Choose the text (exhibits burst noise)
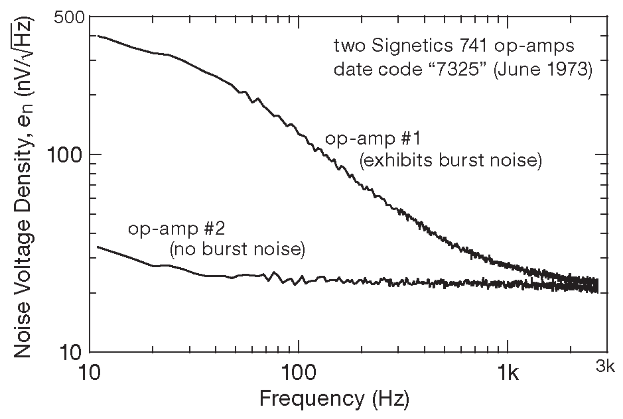coord(450,161)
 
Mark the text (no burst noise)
coord(236,251)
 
